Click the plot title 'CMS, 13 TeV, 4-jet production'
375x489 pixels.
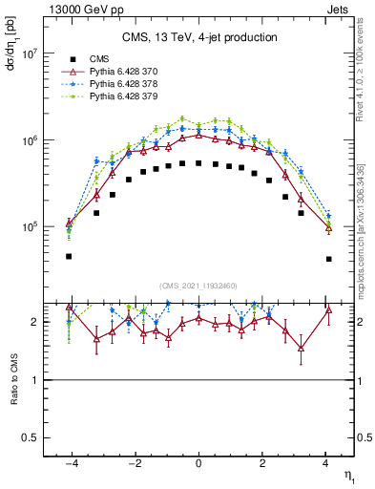(199, 37)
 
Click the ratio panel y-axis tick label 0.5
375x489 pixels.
(31, 437)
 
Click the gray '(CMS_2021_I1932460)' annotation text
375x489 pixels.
(198, 286)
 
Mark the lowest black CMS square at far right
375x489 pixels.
(328, 259)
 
